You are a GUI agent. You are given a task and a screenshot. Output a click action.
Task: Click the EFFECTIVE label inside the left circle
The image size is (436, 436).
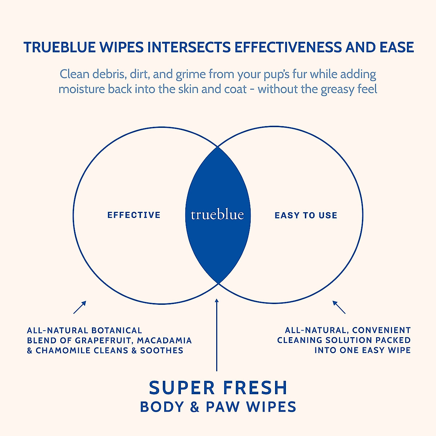(134, 215)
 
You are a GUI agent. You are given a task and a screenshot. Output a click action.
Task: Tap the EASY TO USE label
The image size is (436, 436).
(306, 215)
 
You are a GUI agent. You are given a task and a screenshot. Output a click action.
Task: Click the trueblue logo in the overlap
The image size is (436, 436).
(217, 215)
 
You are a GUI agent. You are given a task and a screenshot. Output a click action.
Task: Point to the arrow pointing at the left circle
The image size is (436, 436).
(80, 307)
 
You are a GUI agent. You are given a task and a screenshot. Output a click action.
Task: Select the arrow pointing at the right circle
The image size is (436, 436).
(339, 307)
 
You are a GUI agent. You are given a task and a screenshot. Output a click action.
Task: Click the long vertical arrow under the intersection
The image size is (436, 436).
(217, 334)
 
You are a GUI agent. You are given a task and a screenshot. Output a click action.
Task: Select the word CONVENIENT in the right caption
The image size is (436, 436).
(381, 330)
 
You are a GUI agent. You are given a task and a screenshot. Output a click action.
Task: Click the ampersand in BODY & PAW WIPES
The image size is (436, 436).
(195, 407)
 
